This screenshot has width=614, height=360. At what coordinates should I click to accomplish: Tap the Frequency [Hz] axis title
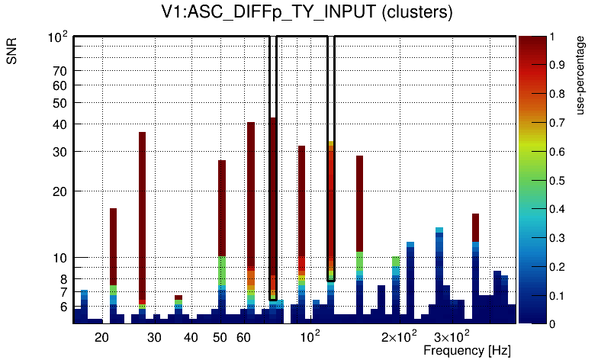tap(467, 350)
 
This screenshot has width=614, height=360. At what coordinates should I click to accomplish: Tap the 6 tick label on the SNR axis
tap(63, 307)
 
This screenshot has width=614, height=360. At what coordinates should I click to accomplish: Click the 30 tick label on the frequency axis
tap(154, 337)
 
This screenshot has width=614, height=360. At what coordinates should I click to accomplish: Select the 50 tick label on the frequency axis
tap(220, 337)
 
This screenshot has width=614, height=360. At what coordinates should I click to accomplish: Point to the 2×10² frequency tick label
tap(399, 336)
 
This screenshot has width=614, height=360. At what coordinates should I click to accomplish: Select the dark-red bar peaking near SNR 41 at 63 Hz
tap(250, 191)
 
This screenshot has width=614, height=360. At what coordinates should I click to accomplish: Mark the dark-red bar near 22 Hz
tap(113, 244)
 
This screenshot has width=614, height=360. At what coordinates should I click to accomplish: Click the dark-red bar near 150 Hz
tap(359, 202)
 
